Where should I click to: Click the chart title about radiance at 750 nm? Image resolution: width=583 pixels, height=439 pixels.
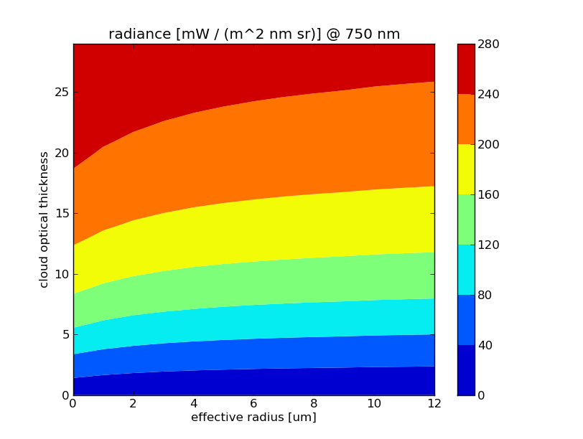coord(254,34)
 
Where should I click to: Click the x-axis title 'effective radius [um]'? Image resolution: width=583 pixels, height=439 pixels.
coord(253,417)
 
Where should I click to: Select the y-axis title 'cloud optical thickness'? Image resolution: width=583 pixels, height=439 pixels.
coord(45,219)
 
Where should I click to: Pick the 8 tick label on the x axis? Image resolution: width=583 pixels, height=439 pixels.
coord(314,404)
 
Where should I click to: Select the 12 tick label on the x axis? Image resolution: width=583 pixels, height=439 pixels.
coord(434,404)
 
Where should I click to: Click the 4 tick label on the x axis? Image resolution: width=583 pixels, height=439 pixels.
coord(194,404)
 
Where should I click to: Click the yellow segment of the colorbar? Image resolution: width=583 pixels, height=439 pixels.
coord(466,169)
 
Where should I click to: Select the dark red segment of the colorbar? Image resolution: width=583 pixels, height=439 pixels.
coord(466,69)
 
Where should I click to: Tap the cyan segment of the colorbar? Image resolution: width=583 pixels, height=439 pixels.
coord(466,270)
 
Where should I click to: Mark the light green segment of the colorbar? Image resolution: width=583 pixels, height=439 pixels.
coord(466,219)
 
